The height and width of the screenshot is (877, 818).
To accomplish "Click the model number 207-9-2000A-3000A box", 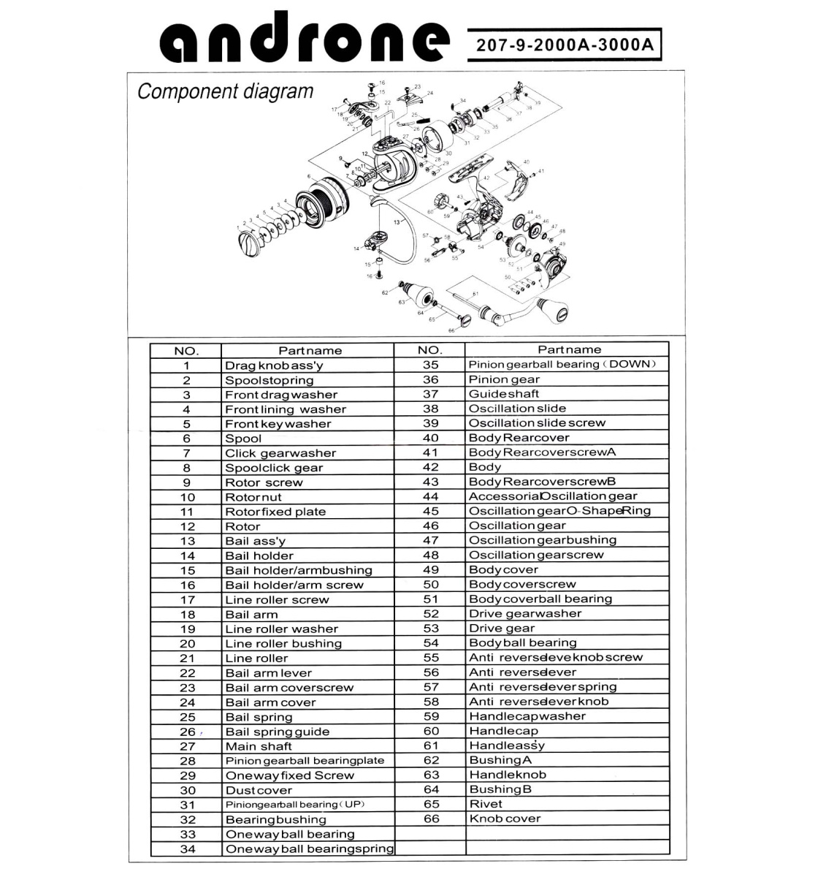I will coord(564,45).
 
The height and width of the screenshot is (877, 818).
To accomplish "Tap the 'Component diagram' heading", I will coord(225,92).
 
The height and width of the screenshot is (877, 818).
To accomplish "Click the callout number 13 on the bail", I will coord(397,221).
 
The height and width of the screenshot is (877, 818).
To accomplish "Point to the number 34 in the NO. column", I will coord(187,849).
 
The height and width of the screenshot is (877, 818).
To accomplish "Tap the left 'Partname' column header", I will coord(310,351).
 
